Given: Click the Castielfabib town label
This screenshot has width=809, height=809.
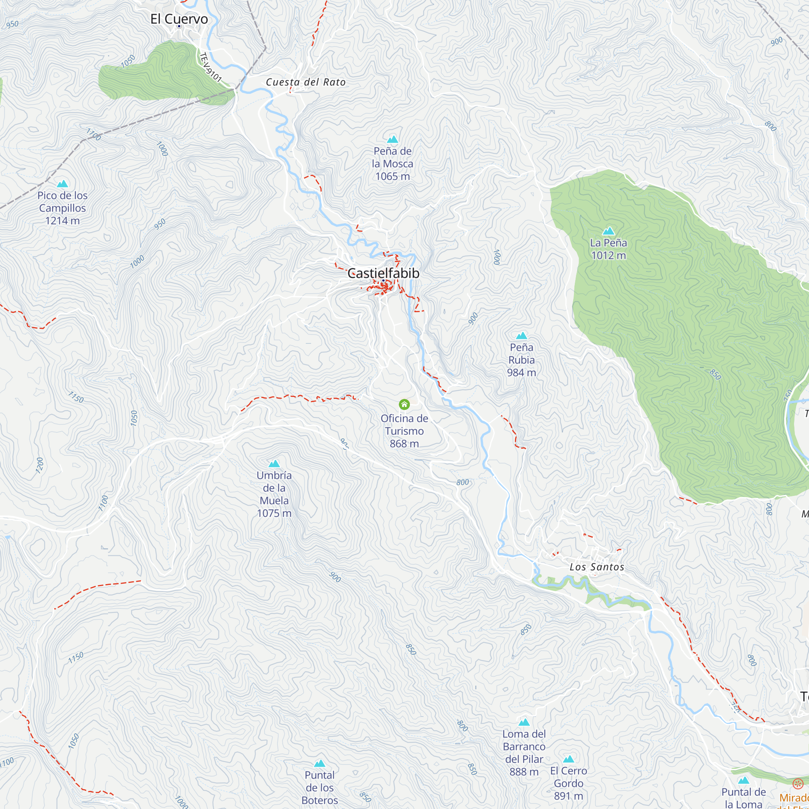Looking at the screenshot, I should click(383, 273).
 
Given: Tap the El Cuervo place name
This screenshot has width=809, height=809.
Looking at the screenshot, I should click(179, 19).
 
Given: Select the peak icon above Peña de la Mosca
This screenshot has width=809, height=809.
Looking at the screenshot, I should click(392, 140).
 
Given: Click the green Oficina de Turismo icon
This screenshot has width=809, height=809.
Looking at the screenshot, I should click(404, 404).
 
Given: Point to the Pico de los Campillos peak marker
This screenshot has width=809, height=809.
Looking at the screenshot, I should click(62, 184).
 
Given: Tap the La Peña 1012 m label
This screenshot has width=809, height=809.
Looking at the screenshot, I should click(608, 249).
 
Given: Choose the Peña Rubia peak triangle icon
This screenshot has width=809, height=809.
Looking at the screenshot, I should click(521, 336).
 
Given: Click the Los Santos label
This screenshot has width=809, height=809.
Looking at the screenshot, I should click(597, 567).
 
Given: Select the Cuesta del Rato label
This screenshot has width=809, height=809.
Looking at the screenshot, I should click(306, 82).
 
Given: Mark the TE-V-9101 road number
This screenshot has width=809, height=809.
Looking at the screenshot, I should click(210, 67).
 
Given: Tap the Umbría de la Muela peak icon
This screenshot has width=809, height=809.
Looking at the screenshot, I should click(274, 464).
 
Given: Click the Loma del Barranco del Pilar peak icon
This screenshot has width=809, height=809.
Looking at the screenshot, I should click(524, 722).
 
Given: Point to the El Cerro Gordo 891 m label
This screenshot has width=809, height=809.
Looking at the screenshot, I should click(568, 783).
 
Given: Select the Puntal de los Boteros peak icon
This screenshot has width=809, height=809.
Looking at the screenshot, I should click(320, 763).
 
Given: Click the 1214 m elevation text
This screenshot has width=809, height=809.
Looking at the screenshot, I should click(62, 221).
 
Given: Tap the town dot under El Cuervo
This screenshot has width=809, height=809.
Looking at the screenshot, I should click(179, 26).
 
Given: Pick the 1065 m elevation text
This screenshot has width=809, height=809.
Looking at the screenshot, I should click(392, 176).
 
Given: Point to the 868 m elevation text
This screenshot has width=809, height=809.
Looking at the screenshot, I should click(404, 443).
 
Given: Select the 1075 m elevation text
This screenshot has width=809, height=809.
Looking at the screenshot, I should click(274, 513).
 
